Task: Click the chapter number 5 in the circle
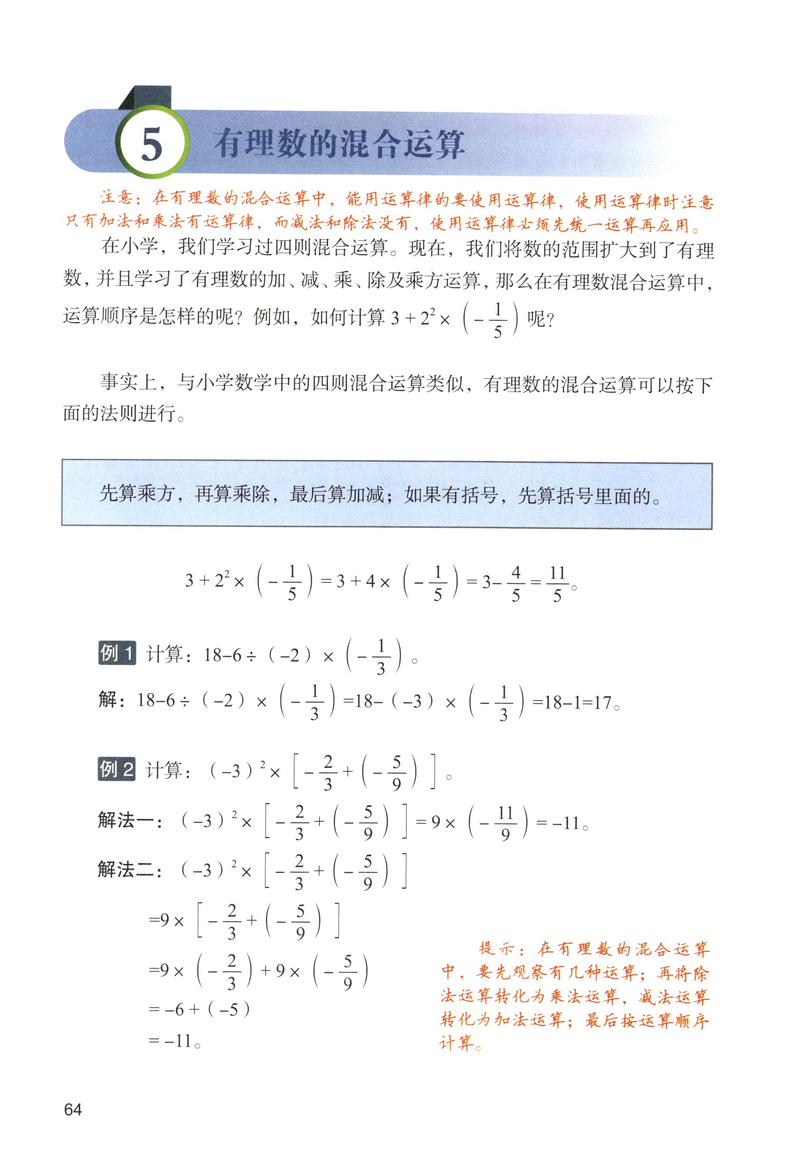152,144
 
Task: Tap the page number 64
73,1109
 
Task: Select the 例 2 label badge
117,769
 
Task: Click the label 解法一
129,821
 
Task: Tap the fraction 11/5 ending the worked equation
557,584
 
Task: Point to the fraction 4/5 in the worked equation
515,583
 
